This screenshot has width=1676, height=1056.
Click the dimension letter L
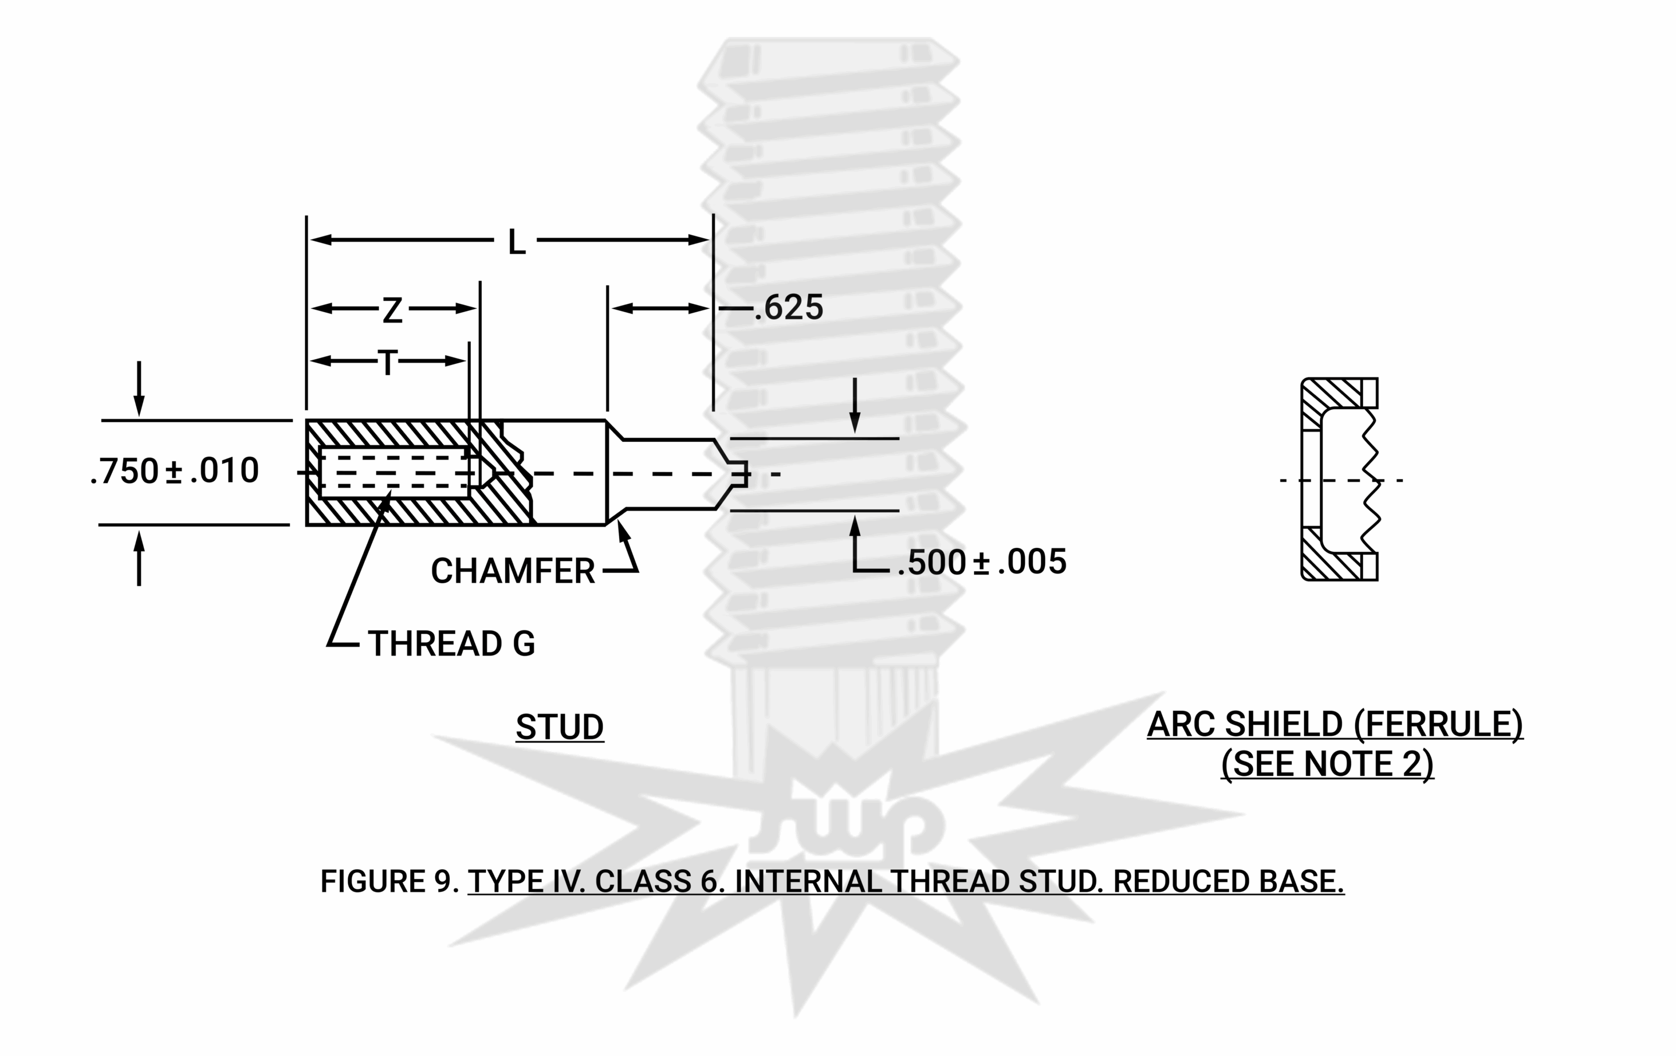(516, 242)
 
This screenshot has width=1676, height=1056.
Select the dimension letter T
(388, 363)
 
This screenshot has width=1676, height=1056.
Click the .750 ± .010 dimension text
(175, 472)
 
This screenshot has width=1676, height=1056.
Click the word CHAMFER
(512, 571)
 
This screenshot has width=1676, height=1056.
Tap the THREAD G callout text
(451, 643)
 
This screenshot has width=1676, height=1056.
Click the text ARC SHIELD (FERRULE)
(1334, 725)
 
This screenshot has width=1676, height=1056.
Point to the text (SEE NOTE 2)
(1327, 764)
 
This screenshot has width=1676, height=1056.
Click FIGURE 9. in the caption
(388, 881)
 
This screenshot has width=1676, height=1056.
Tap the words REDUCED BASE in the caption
(1228, 881)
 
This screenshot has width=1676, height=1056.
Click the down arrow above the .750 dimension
(139, 404)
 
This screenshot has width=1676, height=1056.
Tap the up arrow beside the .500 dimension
(855, 526)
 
